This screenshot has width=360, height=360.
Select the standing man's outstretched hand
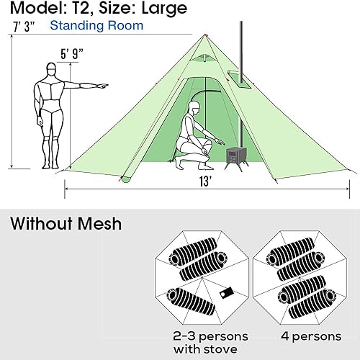click(104, 85)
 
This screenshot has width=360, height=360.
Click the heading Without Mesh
click(66, 223)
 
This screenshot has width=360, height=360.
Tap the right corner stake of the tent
click(351, 171)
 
